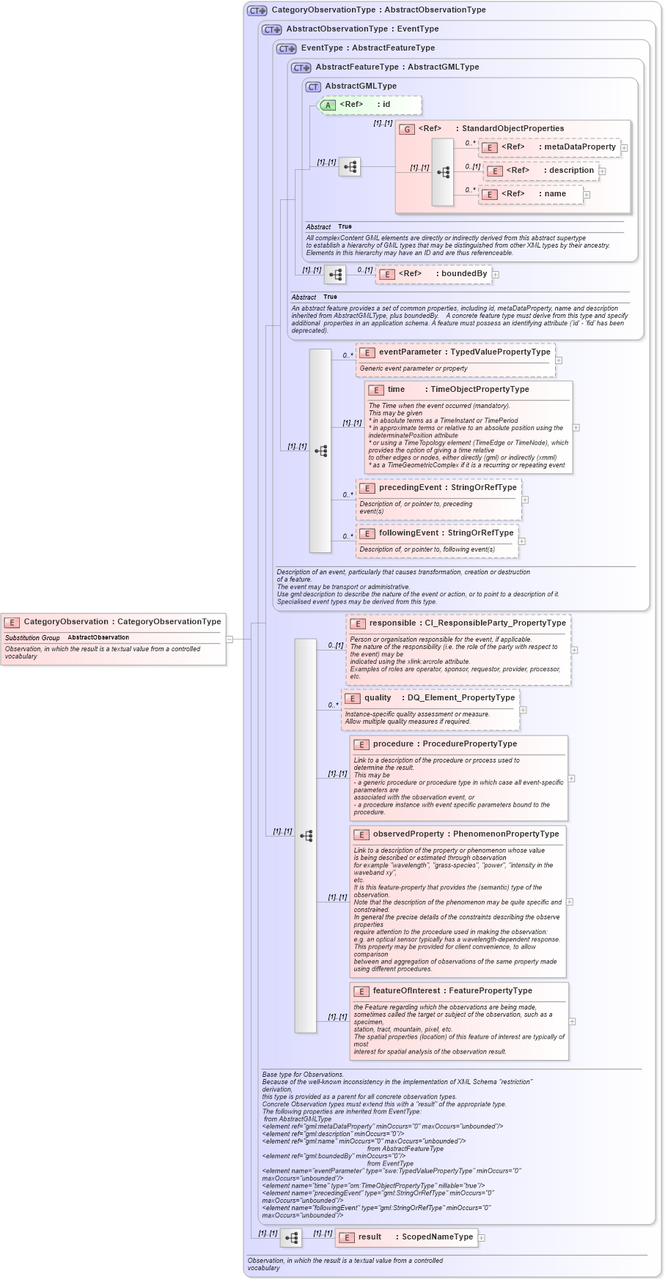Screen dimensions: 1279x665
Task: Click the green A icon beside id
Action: pyautogui.click(x=328, y=105)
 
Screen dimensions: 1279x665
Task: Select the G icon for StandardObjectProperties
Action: pyautogui.click(x=407, y=129)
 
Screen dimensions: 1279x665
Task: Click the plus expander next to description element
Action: pyautogui.click(x=603, y=171)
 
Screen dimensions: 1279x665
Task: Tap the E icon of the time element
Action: pyautogui.click(x=376, y=390)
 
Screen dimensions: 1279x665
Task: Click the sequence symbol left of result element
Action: pyautogui.click(x=291, y=1238)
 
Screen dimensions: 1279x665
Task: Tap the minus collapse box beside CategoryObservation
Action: pyautogui.click(x=229, y=639)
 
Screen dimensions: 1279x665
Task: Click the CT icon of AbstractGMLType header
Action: pyautogui.click(x=313, y=86)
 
